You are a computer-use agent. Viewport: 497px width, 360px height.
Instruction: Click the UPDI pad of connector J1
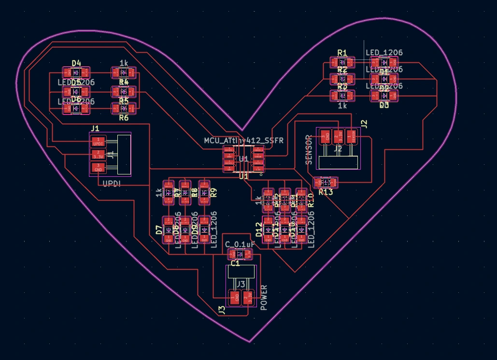pos(98,142)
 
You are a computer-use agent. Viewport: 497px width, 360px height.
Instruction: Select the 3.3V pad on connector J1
pos(98,155)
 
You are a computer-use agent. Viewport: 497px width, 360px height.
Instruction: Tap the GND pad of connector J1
pos(98,168)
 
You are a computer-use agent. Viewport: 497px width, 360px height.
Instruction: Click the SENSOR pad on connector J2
pos(352,136)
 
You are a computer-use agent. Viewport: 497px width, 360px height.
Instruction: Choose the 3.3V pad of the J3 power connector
pos(248,298)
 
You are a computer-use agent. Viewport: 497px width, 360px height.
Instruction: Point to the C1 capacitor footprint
pos(240,254)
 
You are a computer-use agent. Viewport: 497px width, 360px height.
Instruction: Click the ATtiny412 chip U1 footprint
pos(243,159)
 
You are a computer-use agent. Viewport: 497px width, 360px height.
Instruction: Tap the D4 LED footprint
pos(76,73)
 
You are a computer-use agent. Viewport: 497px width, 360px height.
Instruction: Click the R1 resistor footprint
pos(342,62)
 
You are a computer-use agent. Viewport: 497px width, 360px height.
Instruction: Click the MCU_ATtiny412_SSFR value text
pos(243,140)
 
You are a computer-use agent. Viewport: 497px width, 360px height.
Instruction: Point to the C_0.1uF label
pos(240,245)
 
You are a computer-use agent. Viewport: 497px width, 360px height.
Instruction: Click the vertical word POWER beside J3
pos(264,298)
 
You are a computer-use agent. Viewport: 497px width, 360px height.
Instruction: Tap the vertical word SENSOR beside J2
pos(310,149)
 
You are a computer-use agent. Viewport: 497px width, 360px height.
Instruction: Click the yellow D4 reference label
pos(76,63)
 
